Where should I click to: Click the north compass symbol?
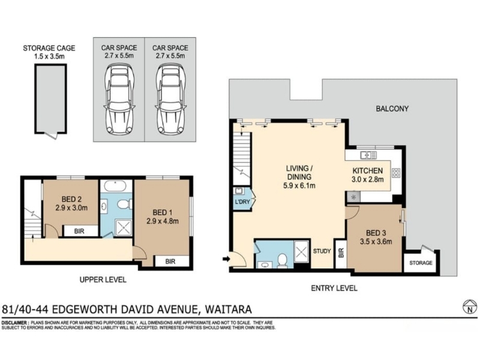point(470,307)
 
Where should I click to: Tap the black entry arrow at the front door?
point(226,259)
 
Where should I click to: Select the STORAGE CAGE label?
point(49,48)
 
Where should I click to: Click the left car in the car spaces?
point(119,99)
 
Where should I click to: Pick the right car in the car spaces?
point(170,99)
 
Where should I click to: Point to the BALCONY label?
point(392,109)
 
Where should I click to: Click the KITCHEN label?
point(368,170)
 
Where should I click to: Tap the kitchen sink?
point(368,155)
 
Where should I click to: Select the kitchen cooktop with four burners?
point(396,173)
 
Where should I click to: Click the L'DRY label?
point(242,202)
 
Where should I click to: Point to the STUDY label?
point(322,251)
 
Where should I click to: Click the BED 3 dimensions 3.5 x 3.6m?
point(376,242)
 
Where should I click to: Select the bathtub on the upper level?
point(115,186)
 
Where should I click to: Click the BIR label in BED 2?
point(79,232)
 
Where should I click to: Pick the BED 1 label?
point(162,212)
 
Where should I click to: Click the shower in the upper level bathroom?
point(124,227)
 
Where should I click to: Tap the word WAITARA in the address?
point(228,309)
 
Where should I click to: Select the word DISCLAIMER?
point(15,323)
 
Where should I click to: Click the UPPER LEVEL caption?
point(103,280)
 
